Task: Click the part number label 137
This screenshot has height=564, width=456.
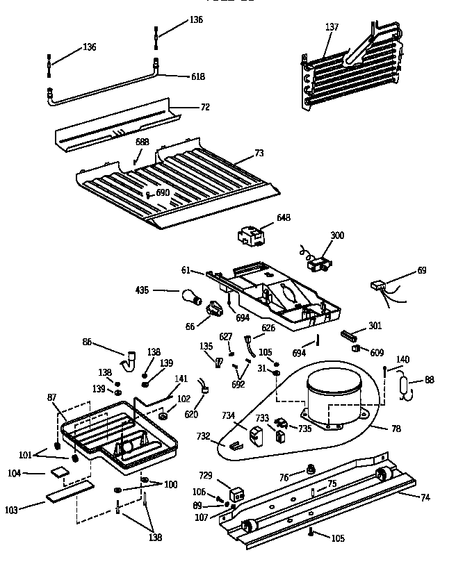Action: (x=332, y=27)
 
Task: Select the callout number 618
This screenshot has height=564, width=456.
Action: (x=198, y=76)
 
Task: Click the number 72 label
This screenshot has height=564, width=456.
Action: (x=205, y=108)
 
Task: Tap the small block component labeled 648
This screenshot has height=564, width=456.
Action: (x=250, y=237)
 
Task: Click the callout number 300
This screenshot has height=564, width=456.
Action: (x=337, y=235)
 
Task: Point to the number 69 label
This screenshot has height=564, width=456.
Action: (x=422, y=269)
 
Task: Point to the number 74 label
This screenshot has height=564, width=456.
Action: (x=425, y=497)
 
